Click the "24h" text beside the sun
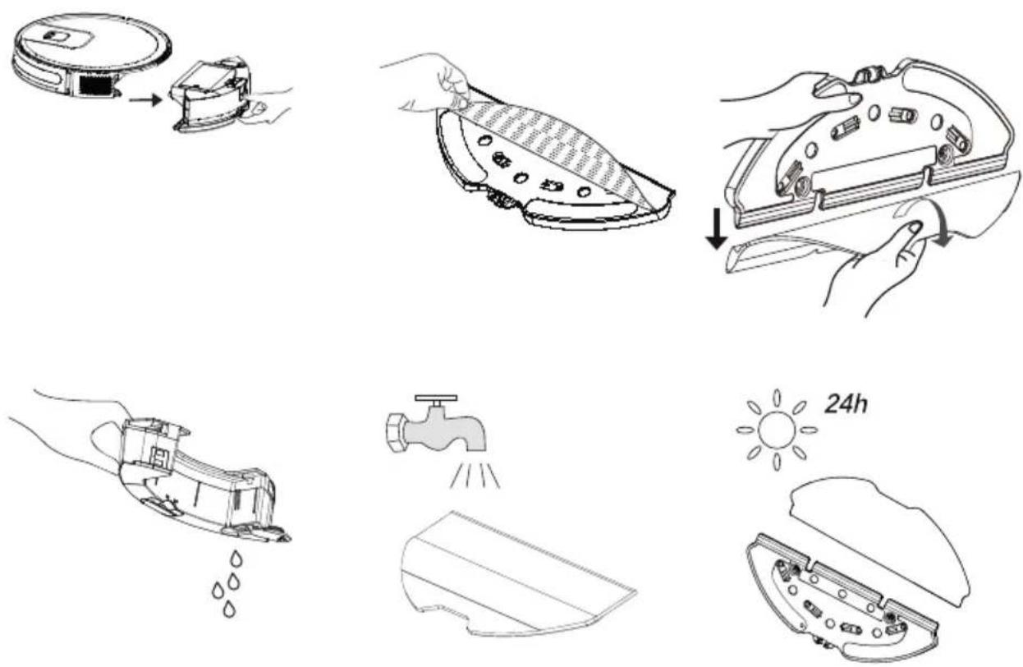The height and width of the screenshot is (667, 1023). [846, 405]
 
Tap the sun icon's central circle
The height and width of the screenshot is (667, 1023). [777, 430]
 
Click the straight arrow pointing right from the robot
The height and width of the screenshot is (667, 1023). [145, 99]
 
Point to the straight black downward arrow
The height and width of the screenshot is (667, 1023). [717, 228]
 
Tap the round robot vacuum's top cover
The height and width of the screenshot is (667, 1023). [91, 42]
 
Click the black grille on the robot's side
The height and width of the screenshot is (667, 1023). [95, 85]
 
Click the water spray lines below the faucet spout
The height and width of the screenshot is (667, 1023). [475, 474]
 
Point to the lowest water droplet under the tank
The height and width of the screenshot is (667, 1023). [229, 609]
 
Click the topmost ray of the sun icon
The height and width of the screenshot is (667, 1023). [777, 398]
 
